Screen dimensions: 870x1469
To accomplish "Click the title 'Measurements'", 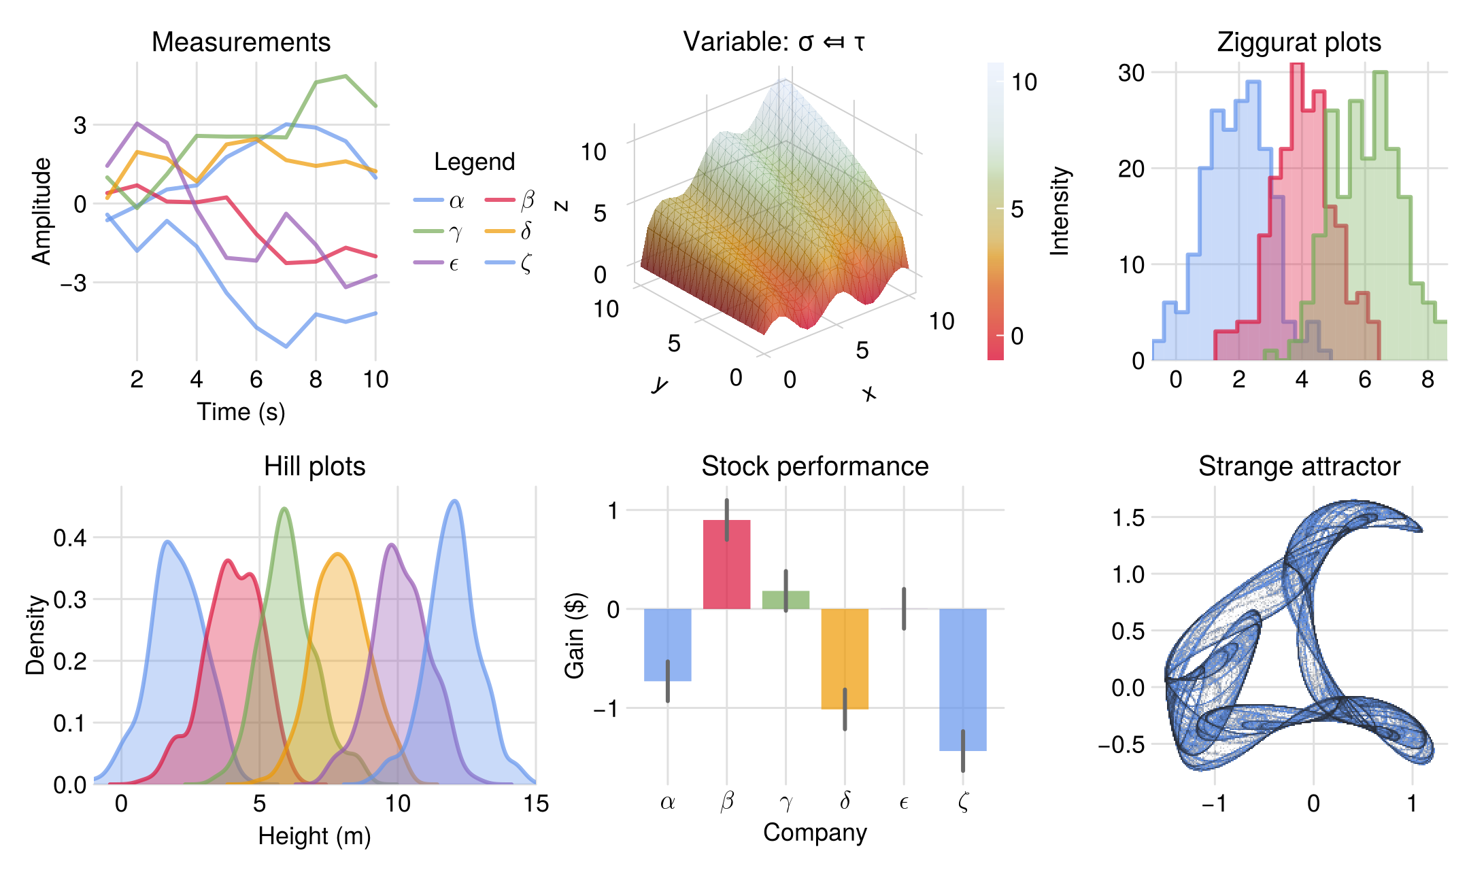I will (241, 42).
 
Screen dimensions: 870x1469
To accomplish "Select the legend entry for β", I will (510, 200).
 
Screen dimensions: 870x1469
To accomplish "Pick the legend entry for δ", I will (510, 231).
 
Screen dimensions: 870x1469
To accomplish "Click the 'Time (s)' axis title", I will (241, 412).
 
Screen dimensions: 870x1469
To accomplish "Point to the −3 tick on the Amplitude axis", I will (73, 282).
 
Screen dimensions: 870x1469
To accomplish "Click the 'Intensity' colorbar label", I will (1060, 211).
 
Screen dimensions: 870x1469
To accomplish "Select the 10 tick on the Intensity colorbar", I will (1024, 82).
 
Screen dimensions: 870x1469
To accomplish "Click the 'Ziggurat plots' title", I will (1299, 42).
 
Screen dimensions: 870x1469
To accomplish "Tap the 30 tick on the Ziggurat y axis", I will (1131, 73).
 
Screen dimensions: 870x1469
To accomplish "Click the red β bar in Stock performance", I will (726, 564).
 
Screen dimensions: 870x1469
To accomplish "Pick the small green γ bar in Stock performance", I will (786, 599).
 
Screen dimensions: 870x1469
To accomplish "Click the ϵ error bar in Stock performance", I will (904, 608).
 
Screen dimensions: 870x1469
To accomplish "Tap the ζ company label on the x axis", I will (963, 802).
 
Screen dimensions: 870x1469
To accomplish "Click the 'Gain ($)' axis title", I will (575, 635).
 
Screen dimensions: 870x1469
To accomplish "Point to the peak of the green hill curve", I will (284, 508).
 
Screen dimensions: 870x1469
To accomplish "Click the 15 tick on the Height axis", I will (536, 803).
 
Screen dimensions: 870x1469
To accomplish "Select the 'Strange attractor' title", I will (1299, 466).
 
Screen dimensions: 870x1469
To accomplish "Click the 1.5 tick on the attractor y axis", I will (1128, 518).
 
